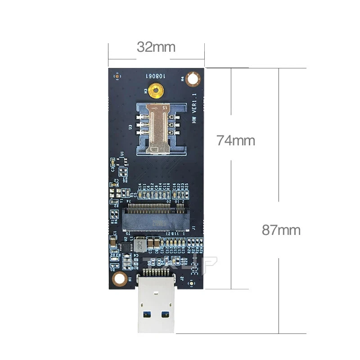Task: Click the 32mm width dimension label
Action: pos(156,47)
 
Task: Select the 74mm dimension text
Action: pos(235,140)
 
